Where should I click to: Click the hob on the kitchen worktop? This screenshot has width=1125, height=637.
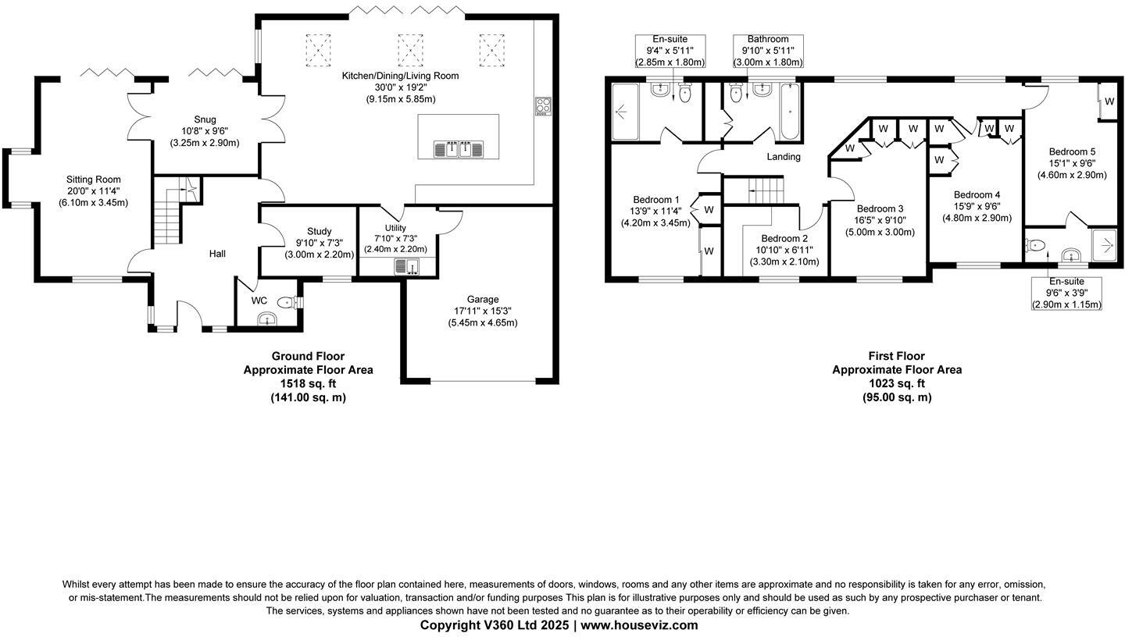543,106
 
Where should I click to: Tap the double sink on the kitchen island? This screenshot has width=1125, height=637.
459,148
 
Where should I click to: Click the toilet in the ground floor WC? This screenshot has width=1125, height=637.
287,302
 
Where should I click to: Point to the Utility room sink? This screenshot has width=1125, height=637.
406,267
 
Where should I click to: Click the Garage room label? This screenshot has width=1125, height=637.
482,300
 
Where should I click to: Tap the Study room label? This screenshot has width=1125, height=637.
319,232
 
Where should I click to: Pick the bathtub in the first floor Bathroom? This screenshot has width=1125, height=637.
790,112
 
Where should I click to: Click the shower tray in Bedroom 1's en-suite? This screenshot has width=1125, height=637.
625,112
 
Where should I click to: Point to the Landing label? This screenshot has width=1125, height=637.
783,157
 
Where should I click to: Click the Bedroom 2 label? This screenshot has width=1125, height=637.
784,239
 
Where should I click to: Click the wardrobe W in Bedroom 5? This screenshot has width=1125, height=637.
1109,101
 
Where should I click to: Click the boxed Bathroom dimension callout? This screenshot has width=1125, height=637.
767,51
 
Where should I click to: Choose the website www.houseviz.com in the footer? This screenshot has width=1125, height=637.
639,625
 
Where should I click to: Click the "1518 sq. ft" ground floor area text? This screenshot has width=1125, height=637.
308,383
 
